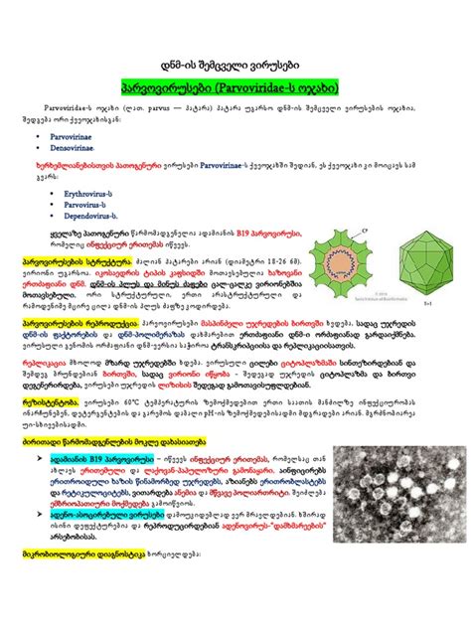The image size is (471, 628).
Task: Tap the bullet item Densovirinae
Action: pos(84,146)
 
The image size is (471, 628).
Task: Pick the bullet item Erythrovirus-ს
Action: pos(89,196)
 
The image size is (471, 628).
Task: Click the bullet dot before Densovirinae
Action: pos(38,146)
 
